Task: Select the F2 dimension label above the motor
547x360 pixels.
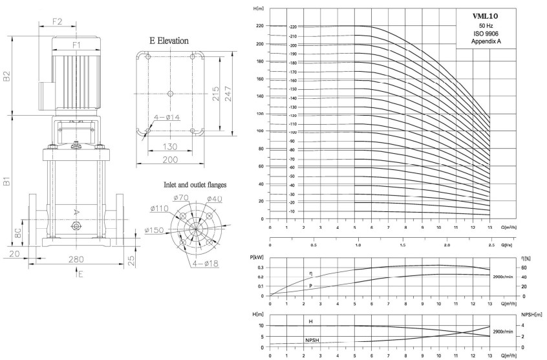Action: [58, 21]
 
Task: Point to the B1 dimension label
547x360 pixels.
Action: [6, 181]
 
